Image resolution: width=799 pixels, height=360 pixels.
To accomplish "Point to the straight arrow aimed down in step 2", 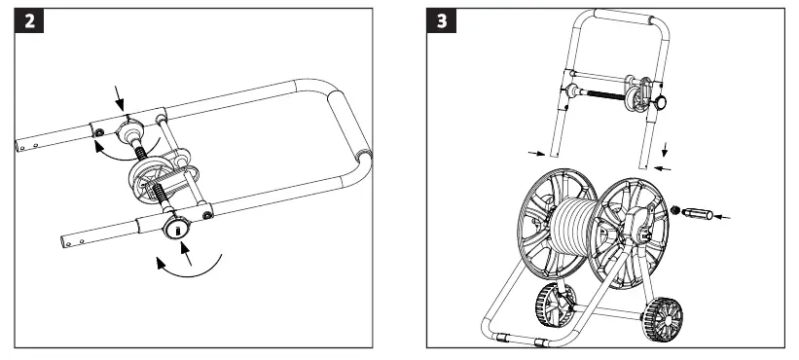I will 121,95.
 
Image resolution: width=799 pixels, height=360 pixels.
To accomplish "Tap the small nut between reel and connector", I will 675,207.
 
